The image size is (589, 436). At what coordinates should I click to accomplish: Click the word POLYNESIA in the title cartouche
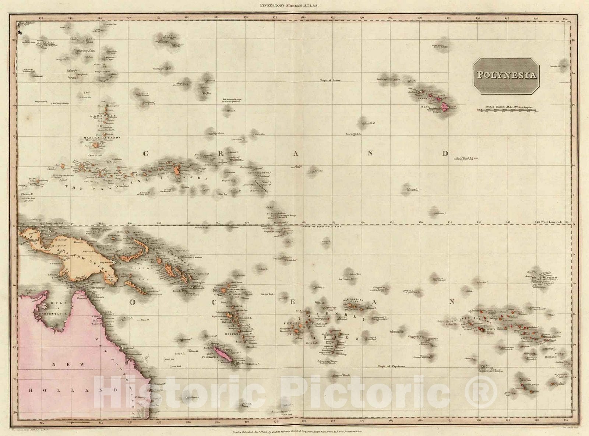click(x=507, y=75)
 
